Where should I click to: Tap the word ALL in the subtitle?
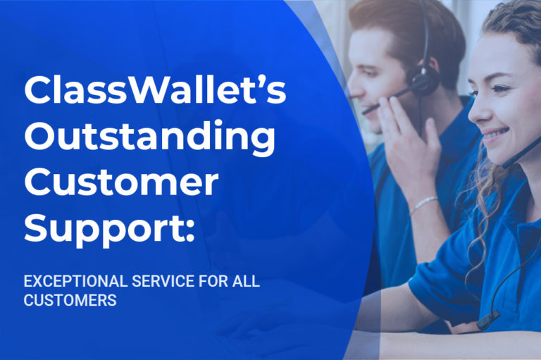[x=247, y=282]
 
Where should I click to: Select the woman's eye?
[x=502, y=89]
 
